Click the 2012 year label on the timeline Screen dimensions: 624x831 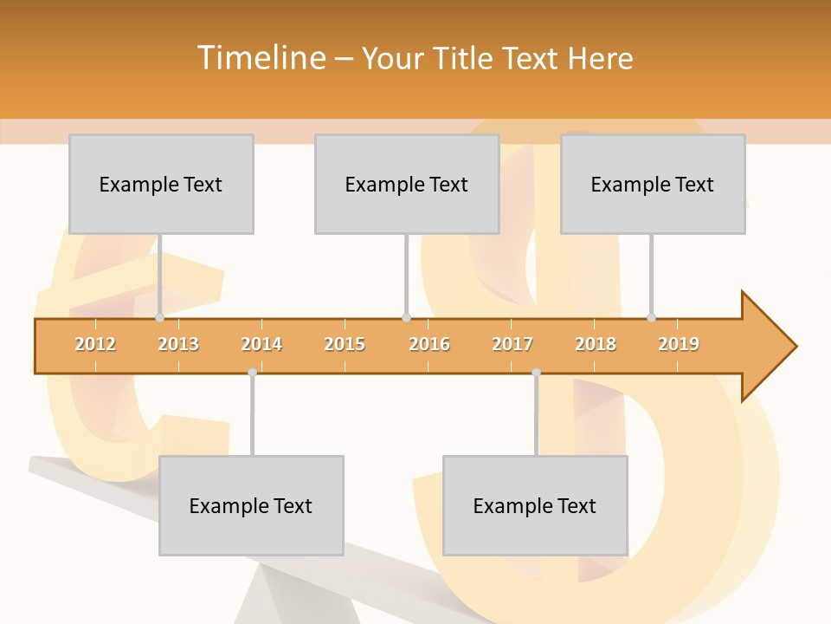95,344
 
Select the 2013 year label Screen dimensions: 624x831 178,344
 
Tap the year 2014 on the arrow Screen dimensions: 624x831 261,344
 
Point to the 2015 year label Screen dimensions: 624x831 345,344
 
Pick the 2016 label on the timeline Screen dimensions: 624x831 429,344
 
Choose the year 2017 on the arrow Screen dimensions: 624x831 512,344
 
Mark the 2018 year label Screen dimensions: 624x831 596,344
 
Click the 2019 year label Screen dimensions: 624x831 679,344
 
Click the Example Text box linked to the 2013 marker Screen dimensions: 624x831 161,184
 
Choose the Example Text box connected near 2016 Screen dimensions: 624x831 407,184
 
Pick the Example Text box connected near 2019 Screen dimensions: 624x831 653,184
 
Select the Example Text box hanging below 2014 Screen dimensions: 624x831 251,505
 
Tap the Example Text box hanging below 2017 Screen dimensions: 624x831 535,505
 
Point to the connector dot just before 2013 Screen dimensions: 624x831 159,318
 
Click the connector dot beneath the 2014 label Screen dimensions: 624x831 252,373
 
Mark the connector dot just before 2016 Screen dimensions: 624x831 406,318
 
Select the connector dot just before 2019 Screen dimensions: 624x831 651,318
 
